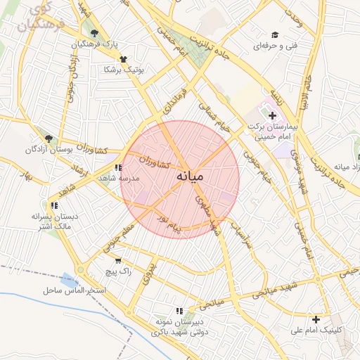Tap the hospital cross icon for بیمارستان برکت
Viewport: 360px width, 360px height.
(x=273, y=115)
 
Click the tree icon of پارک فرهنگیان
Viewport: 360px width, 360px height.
(x=94, y=33)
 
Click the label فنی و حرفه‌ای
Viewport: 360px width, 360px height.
(x=275, y=46)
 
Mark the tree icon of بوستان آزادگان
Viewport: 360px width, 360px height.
(x=48, y=139)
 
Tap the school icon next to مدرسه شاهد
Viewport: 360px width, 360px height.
(x=117, y=168)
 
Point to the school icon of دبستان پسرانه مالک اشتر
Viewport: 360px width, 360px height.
(x=53, y=206)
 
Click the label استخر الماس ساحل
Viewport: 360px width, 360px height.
(x=73, y=290)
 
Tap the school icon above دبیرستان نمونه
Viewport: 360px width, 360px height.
(x=180, y=311)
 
